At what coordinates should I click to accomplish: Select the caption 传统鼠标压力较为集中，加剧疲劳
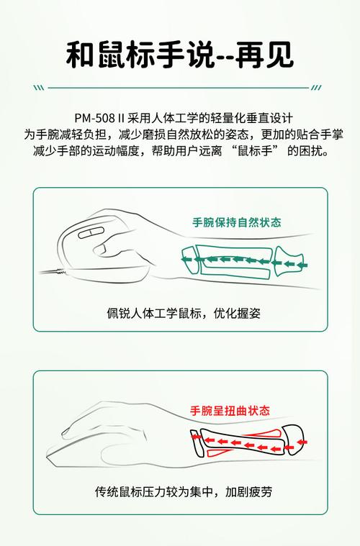tap(179, 493)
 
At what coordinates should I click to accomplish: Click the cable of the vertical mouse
tap(50, 271)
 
